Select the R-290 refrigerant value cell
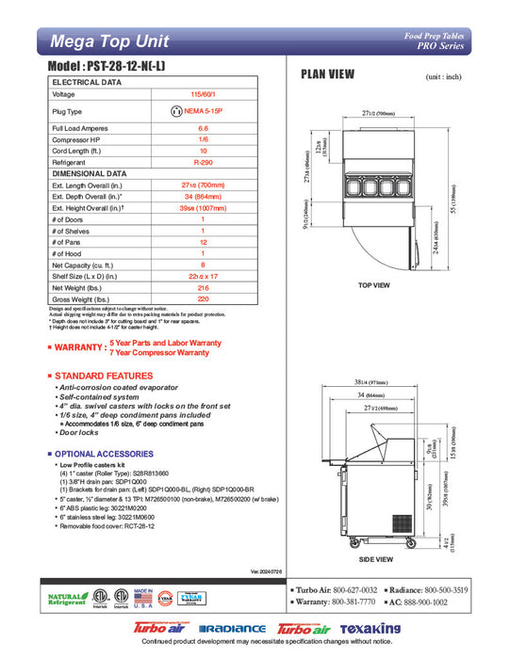tap(203, 162)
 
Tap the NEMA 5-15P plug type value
tap(203, 110)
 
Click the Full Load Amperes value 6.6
tap(203, 127)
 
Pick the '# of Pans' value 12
tap(203, 241)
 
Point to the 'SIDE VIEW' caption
tap(374, 557)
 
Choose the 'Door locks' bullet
tap(82, 432)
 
